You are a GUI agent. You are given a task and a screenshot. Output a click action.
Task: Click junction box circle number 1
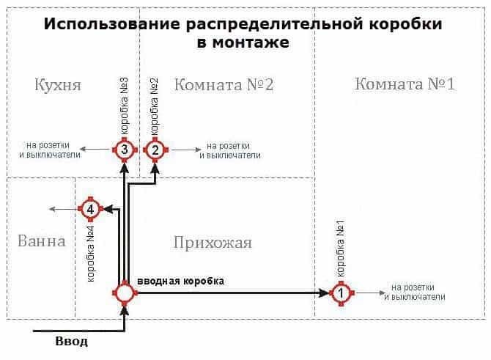(x=342, y=293)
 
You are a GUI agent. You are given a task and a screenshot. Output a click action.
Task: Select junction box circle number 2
(x=155, y=150)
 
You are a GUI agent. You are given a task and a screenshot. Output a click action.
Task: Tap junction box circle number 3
(x=125, y=150)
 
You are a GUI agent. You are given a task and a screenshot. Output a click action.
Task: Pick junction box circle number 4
(x=89, y=210)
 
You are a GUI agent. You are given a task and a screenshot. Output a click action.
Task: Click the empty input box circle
(x=125, y=293)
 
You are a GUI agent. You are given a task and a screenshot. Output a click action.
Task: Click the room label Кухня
(x=57, y=84)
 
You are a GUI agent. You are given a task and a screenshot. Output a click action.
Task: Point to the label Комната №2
(x=224, y=84)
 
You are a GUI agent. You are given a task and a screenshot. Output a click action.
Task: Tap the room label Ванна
(x=41, y=240)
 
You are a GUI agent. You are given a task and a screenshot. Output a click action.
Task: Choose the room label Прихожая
(x=213, y=242)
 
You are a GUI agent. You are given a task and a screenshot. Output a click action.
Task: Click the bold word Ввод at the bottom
(x=72, y=342)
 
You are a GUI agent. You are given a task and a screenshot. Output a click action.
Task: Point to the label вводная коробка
(x=180, y=281)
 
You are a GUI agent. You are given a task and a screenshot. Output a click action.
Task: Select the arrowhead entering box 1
(x=325, y=293)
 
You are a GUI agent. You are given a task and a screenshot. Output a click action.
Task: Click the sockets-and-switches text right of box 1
(x=414, y=292)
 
